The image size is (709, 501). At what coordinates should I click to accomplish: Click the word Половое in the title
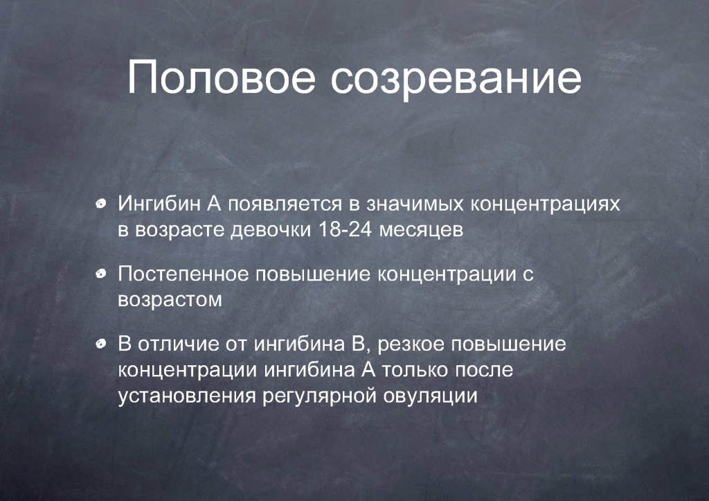point(221,77)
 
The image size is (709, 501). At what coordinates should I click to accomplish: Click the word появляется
point(285,204)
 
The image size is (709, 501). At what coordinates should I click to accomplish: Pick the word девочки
point(271,230)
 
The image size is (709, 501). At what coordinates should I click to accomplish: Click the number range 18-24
point(345,229)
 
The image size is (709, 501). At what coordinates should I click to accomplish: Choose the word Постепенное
point(183,274)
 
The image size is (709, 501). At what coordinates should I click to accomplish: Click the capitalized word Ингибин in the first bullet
point(159,204)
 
